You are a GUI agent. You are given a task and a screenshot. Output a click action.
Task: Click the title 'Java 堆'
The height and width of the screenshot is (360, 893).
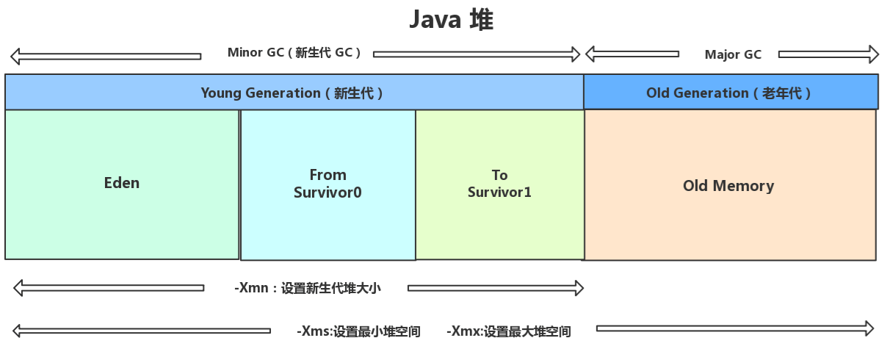[451, 20]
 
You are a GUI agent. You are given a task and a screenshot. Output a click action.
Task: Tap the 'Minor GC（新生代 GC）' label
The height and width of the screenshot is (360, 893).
[294, 53]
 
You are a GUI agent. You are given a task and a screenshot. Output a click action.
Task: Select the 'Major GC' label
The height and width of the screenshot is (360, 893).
[732, 54]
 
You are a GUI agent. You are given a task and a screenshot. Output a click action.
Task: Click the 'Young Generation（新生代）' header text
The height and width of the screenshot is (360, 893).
[292, 93]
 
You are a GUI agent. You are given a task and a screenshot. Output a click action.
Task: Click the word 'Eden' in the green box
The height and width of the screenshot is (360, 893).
[122, 183]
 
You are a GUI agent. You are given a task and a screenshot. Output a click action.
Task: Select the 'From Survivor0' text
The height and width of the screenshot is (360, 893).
[328, 184]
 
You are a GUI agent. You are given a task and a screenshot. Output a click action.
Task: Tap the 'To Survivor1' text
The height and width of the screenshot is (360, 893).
[499, 184]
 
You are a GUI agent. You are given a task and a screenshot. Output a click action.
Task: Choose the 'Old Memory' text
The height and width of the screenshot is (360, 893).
[728, 186]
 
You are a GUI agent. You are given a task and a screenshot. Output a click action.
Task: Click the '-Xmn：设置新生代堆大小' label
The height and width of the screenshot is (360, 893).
[308, 288]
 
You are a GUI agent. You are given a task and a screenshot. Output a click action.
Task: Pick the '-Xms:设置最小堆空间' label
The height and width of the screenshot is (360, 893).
[358, 331]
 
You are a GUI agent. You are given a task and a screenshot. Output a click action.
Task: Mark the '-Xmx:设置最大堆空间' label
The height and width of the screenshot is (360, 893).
[508, 331]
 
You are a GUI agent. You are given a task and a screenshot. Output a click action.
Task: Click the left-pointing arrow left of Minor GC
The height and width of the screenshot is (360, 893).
[106, 56]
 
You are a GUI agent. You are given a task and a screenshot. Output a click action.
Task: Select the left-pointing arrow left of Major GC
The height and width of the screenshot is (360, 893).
[632, 54]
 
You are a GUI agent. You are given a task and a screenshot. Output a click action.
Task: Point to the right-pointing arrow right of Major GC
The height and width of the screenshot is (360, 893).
[828, 54]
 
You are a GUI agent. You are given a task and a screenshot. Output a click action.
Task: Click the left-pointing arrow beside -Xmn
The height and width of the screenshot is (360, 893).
[109, 288]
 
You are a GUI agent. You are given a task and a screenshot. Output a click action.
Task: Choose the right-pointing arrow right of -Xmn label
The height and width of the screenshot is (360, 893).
[496, 288]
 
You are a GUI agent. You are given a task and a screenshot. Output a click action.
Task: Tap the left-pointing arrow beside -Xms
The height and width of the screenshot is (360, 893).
[142, 331]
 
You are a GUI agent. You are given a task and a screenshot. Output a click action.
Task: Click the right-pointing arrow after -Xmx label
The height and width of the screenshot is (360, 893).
[735, 328]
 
